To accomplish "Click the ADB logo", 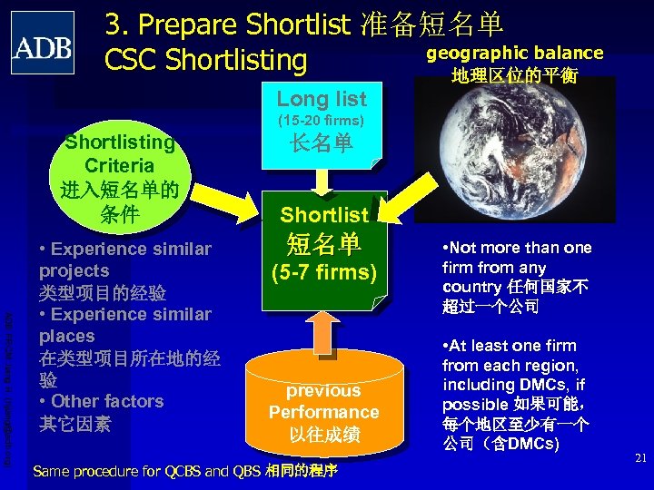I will pyautogui.click(x=43, y=43).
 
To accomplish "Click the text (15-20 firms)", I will pyautogui.click(x=322, y=120).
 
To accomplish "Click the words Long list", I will pyautogui.click(x=322, y=99).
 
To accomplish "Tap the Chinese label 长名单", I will pyautogui.click(x=322, y=144).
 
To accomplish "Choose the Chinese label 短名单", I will pyautogui.click(x=324, y=243).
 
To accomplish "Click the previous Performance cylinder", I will pyautogui.click(x=323, y=399).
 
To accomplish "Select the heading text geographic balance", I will pyautogui.click(x=515, y=53).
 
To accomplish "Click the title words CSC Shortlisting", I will pyautogui.click(x=206, y=60).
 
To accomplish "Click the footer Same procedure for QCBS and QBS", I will pyautogui.click(x=185, y=470).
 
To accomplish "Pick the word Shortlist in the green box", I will pyautogui.click(x=324, y=215).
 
